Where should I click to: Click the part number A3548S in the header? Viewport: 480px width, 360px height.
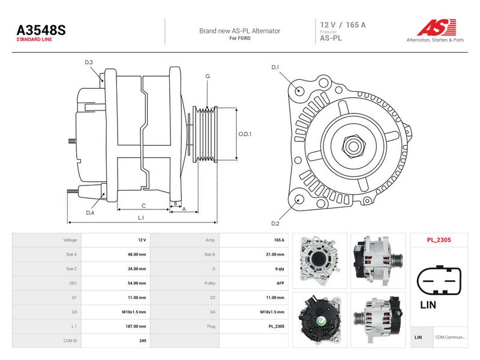41,30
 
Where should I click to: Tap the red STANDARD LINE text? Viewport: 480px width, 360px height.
34,40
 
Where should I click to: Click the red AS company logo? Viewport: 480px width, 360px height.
437,28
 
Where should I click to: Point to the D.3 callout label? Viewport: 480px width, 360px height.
89,62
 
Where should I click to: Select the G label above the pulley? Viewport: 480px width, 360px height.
208,76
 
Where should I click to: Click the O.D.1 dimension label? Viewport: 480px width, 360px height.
245,134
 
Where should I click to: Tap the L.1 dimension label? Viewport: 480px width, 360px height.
141,218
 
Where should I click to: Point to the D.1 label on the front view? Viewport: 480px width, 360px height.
275,67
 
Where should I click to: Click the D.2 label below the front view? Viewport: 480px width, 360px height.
275,223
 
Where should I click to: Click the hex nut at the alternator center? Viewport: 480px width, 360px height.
353,146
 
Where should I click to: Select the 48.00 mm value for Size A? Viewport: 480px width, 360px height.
137,254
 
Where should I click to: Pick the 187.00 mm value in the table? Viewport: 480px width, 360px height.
136,326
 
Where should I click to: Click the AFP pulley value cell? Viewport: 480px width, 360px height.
280,283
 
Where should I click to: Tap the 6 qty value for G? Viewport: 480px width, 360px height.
280,269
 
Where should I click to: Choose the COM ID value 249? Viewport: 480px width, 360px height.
143,341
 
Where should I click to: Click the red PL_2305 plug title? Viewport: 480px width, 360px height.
439,240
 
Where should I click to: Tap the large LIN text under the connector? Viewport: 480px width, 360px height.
428,305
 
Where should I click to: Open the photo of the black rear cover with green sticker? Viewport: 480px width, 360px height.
320,320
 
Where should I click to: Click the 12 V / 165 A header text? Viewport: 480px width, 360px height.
343,25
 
